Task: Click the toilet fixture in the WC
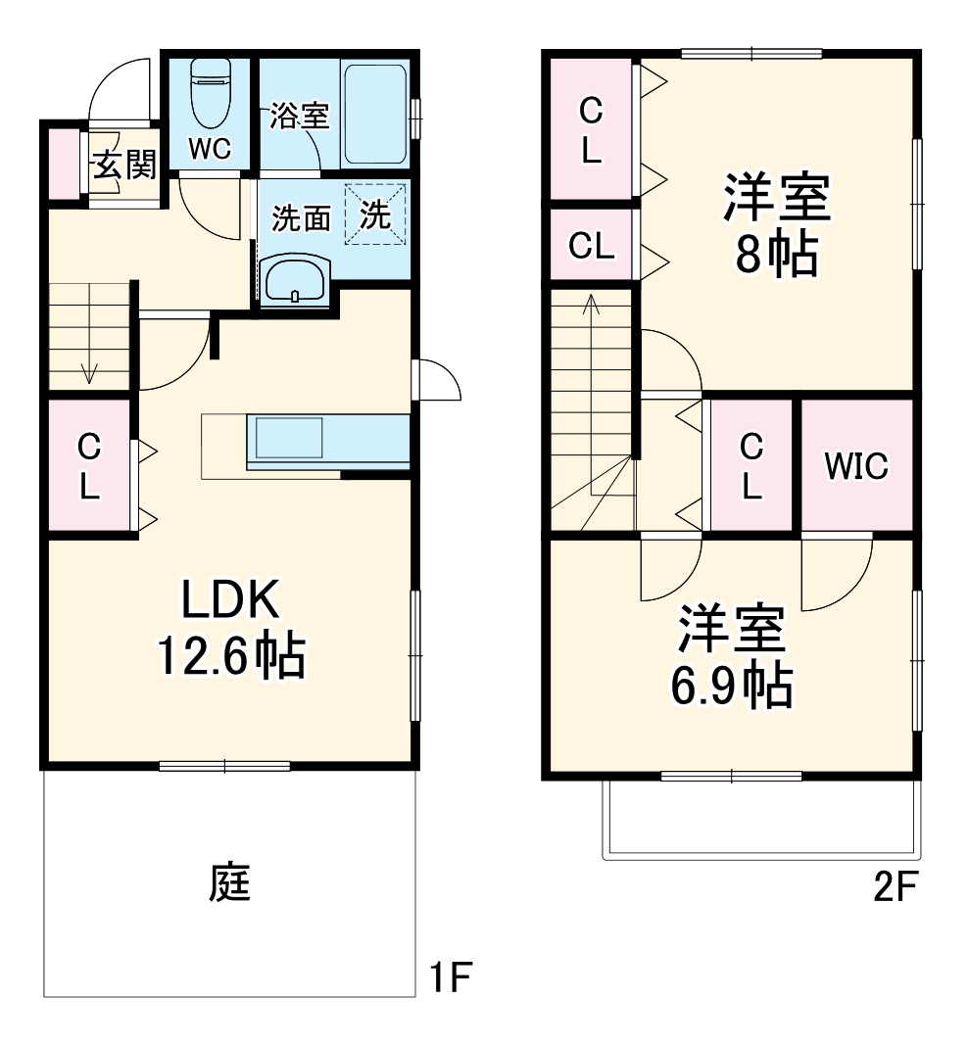pos(209,94)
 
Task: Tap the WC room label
pos(209,149)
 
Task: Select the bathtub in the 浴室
pos(375,114)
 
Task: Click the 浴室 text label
pos(299,116)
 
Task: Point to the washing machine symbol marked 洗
pos(374,216)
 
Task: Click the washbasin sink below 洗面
pos(297,281)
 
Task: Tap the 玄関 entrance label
pos(123,166)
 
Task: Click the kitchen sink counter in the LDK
pos(290,437)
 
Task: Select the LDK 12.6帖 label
pos(231,628)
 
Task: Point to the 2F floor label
pos(894,887)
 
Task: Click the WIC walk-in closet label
pos(855,466)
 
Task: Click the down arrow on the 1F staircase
pos(89,371)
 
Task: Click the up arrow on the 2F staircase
pos(591,306)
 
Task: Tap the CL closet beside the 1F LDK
pos(88,467)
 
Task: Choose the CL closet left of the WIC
pos(750,467)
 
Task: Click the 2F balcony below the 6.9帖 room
pos(761,820)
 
